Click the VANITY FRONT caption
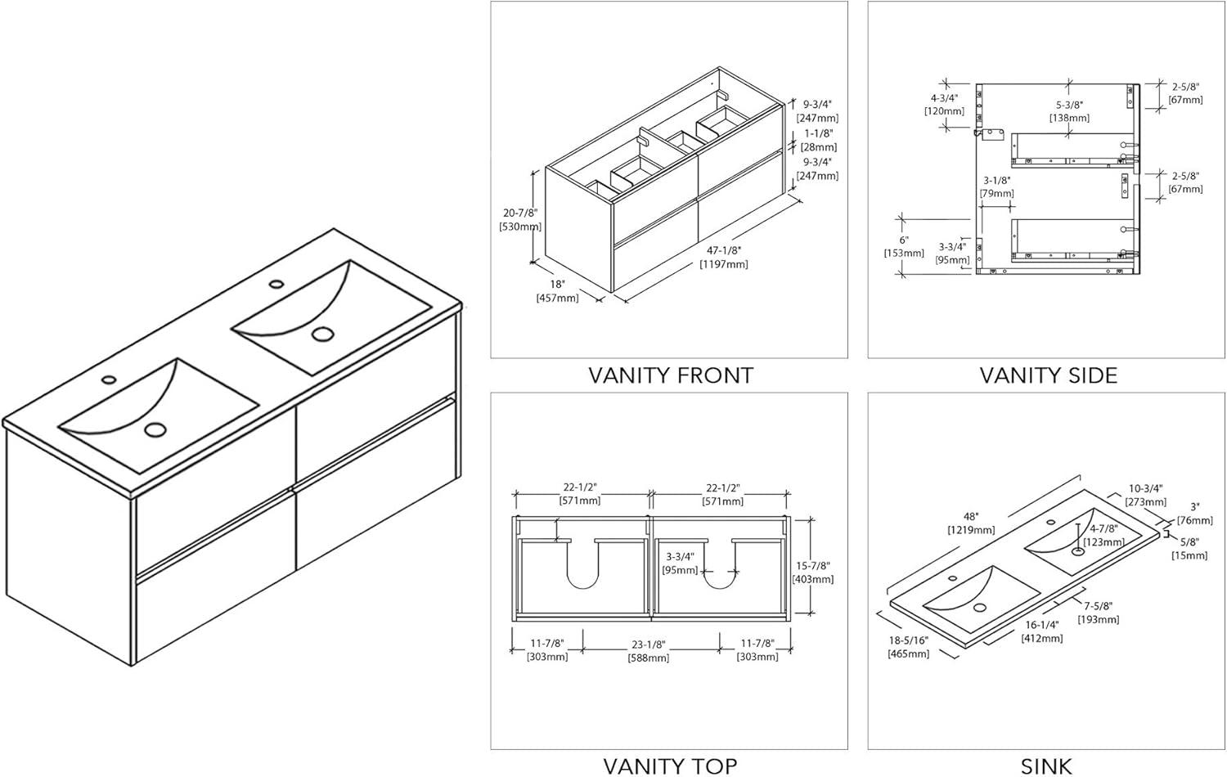click(x=670, y=375)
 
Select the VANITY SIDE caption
click(x=1048, y=375)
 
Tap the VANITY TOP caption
click(x=670, y=766)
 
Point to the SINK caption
click(x=1046, y=766)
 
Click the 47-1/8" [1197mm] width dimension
click(x=723, y=257)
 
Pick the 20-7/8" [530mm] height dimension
click(x=519, y=219)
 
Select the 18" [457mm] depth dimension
click(x=557, y=291)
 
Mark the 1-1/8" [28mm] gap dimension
click(x=818, y=140)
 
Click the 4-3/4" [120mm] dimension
click(x=944, y=104)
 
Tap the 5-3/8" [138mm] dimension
click(x=1069, y=111)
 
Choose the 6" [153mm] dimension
click(x=903, y=246)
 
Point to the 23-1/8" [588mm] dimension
click(x=648, y=650)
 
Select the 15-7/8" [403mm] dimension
click(x=812, y=573)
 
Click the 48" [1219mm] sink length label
click(x=971, y=523)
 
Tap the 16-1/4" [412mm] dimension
click(x=1041, y=631)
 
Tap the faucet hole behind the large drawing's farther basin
click(x=276, y=285)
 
